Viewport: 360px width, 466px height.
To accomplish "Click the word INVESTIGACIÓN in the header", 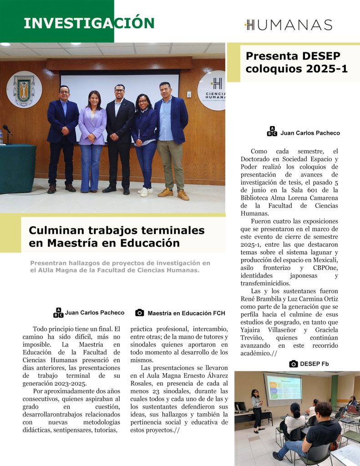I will point(89,23).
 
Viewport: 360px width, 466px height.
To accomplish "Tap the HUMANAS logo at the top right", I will point(289,25).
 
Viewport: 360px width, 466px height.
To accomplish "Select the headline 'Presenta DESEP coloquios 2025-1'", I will point(293,62).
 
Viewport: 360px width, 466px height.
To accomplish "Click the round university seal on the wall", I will point(24,90).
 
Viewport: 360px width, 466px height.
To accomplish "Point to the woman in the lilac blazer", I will point(92,137).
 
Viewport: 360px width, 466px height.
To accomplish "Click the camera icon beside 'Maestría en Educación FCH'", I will point(140,313).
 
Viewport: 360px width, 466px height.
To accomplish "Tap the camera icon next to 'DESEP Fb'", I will point(294,364).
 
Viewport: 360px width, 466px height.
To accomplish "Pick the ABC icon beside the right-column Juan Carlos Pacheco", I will point(272,132).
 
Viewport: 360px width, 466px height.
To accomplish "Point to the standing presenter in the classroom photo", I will point(257,407).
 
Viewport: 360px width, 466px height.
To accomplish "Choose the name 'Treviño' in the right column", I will point(253,338).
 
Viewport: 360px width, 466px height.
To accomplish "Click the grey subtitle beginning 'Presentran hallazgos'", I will point(120,266).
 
